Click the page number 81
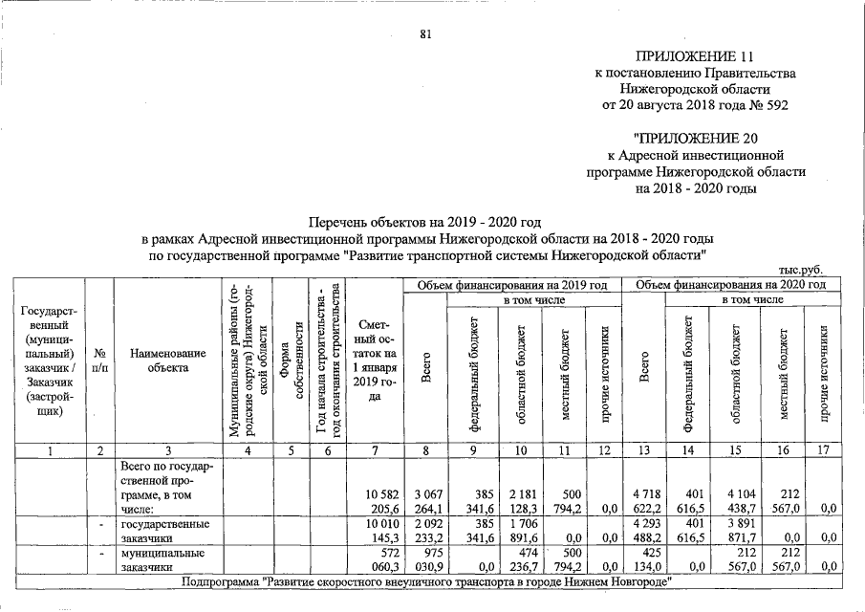tap(426, 35)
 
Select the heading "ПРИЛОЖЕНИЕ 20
tap(694, 137)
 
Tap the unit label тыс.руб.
tap(802, 271)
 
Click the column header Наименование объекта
tap(167, 360)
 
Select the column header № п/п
tap(99, 360)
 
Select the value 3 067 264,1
tap(427, 500)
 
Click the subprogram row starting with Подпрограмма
tap(426, 581)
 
